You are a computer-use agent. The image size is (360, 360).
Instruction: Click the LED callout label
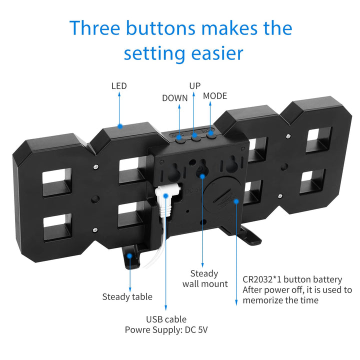pyautogui.click(x=119, y=86)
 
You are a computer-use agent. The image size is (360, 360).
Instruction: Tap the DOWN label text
pyautogui.click(x=174, y=98)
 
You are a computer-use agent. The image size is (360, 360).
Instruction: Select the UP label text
pyautogui.click(x=195, y=86)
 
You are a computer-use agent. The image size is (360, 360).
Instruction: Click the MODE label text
pyautogui.click(x=215, y=96)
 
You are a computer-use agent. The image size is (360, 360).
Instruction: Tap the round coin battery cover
pyautogui.click(x=221, y=197)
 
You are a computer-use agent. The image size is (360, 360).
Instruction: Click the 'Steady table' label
pyautogui.click(x=127, y=296)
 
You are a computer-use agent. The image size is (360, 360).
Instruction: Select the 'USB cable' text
pyautogui.click(x=166, y=319)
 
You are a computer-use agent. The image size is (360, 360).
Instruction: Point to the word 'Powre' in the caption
pyautogui.click(x=137, y=330)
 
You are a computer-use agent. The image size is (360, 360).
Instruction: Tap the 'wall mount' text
pyautogui.click(x=205, y=284)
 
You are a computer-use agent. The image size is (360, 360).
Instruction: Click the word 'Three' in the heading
pyautogui.click(x=95, y=28)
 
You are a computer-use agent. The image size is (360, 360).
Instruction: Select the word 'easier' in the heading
pyautogui.click(x=217, y=53)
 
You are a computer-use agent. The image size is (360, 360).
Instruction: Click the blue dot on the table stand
pyautogui.click(x=129, y=255)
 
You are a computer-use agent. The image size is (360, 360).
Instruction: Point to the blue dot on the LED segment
pyautogui.click(x=120, y=126)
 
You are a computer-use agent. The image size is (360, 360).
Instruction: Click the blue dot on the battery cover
pyautogui.click(x=236, y=201)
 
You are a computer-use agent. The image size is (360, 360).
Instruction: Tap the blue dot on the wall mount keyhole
pyautogui.click(x=202, y=176)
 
